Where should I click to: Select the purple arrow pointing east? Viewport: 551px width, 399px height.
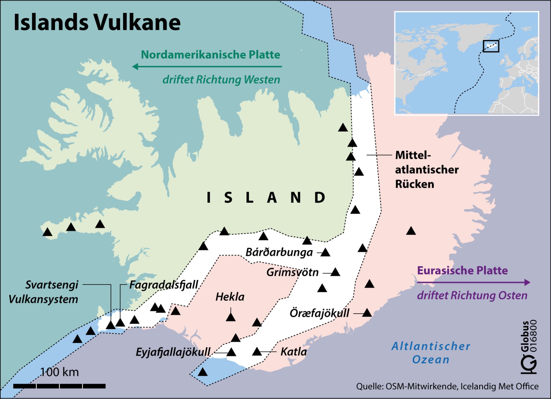(x=474, y=282)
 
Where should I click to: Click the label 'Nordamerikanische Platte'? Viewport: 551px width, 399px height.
(x=210, y=55)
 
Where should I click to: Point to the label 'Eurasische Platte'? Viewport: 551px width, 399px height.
(x=462, y=270)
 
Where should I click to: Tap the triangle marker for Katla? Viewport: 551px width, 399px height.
(x=257, y=352)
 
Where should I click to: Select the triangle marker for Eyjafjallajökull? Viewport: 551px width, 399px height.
(x=231, y=352)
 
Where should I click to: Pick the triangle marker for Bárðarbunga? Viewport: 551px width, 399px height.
(x=325, y=253)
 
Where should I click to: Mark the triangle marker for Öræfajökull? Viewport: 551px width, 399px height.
(x=367, y=313)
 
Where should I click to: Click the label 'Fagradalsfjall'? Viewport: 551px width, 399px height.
(x=164, y=285)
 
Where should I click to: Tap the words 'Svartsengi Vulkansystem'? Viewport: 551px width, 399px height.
(x=44, y=292)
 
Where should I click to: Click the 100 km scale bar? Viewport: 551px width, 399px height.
(x=59, y=386)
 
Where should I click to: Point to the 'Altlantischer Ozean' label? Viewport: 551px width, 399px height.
(x=431, y=353)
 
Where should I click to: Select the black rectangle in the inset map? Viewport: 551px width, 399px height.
(x=491, y=46)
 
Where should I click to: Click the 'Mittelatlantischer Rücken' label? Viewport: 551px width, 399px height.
(x=426, y=170)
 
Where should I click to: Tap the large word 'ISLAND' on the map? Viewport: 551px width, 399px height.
(x=266, y=198)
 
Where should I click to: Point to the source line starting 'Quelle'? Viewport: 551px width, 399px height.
(x=447, y=386)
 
